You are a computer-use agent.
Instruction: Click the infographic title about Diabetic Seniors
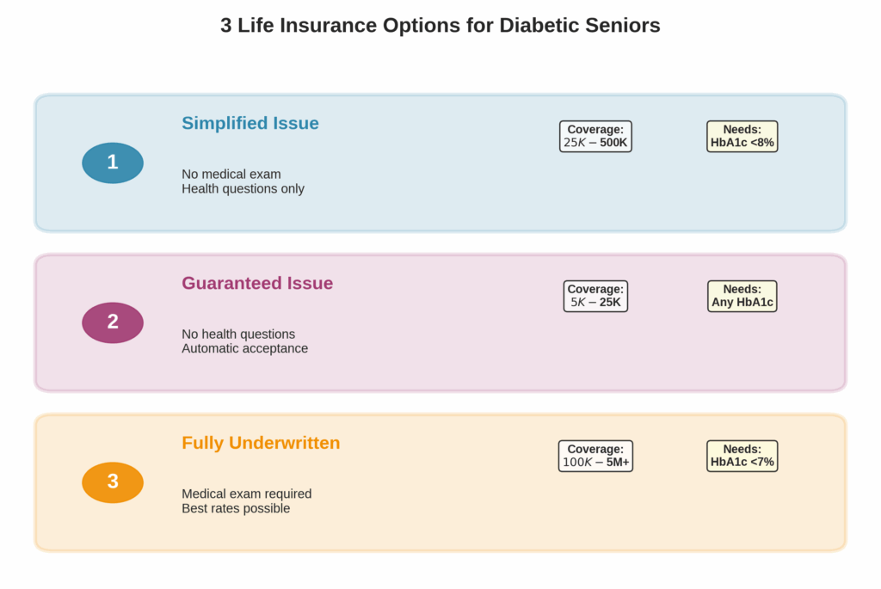(x=440, y=26)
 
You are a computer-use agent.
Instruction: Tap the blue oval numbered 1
(x=113, y=163)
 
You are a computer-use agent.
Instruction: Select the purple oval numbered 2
(x=113, y=322)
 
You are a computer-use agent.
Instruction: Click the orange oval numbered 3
(x=113, y=482)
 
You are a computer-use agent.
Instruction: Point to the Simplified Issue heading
(x=250, y=123)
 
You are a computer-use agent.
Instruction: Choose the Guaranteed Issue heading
(x=256, y=283)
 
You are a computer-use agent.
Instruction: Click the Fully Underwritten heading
(x=261, y=443)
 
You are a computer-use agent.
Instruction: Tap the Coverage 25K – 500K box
(x=595, y=136)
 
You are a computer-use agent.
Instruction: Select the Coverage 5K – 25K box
(x=595, y=296)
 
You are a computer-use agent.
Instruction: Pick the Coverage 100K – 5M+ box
(x=595, y=456)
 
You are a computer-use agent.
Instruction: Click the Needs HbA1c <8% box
(x=742, y=136)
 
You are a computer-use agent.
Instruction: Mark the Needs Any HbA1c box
(x=742, y=296)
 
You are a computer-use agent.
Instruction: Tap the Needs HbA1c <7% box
(x=742, y=456)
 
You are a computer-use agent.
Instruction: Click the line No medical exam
(x=231, y=175)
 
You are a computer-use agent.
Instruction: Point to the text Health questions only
(x=243, y=189)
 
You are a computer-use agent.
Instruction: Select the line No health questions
(x=237, y=334)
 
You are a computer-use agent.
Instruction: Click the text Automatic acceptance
(x=244, y=349)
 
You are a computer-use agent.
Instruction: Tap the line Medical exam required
(x=246, y=494)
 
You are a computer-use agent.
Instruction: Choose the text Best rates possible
(x=236, y=509)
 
